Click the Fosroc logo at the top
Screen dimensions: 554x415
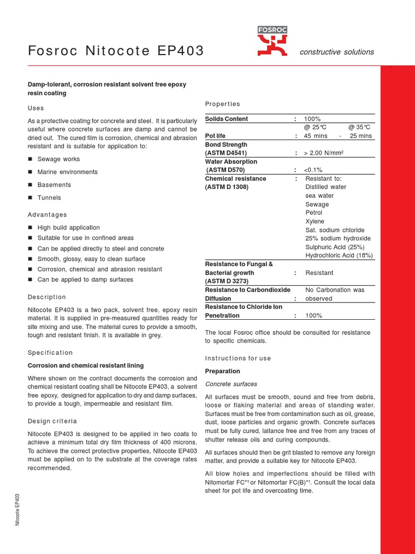(x=272, y=42)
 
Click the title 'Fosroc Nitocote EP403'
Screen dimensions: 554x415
(x=116, y=51)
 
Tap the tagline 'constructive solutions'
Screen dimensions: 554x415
(x=337, y=52)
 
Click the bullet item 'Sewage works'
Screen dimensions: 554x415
(x=58, y=159)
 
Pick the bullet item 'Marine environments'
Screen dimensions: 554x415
(x=68, y=172)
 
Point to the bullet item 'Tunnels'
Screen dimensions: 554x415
(x=49, y=198)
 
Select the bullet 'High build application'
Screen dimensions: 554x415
(x=68, y=228)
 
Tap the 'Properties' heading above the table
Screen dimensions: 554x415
(x=223, y=104)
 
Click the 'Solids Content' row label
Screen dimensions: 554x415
(x=227, y=119)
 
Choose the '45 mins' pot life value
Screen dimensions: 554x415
(x=315, y=136)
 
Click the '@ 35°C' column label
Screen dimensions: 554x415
(x=360, y=128)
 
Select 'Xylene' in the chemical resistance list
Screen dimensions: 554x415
(x=315, y=221)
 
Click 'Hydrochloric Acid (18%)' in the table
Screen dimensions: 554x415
(x=339, y=255)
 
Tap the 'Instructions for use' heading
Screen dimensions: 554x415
(x=238, y=358)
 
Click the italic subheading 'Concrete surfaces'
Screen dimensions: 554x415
(x=231, y=384)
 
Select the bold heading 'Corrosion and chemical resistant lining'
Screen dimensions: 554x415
(x=85, y=366)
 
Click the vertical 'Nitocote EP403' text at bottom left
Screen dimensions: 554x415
(x=18, y=509)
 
